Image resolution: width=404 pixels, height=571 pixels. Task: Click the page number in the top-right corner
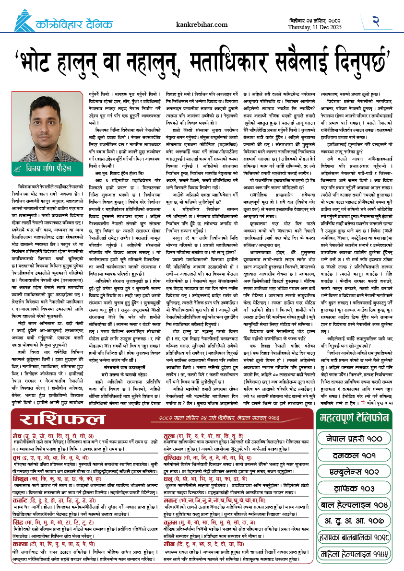pos(377,21)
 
